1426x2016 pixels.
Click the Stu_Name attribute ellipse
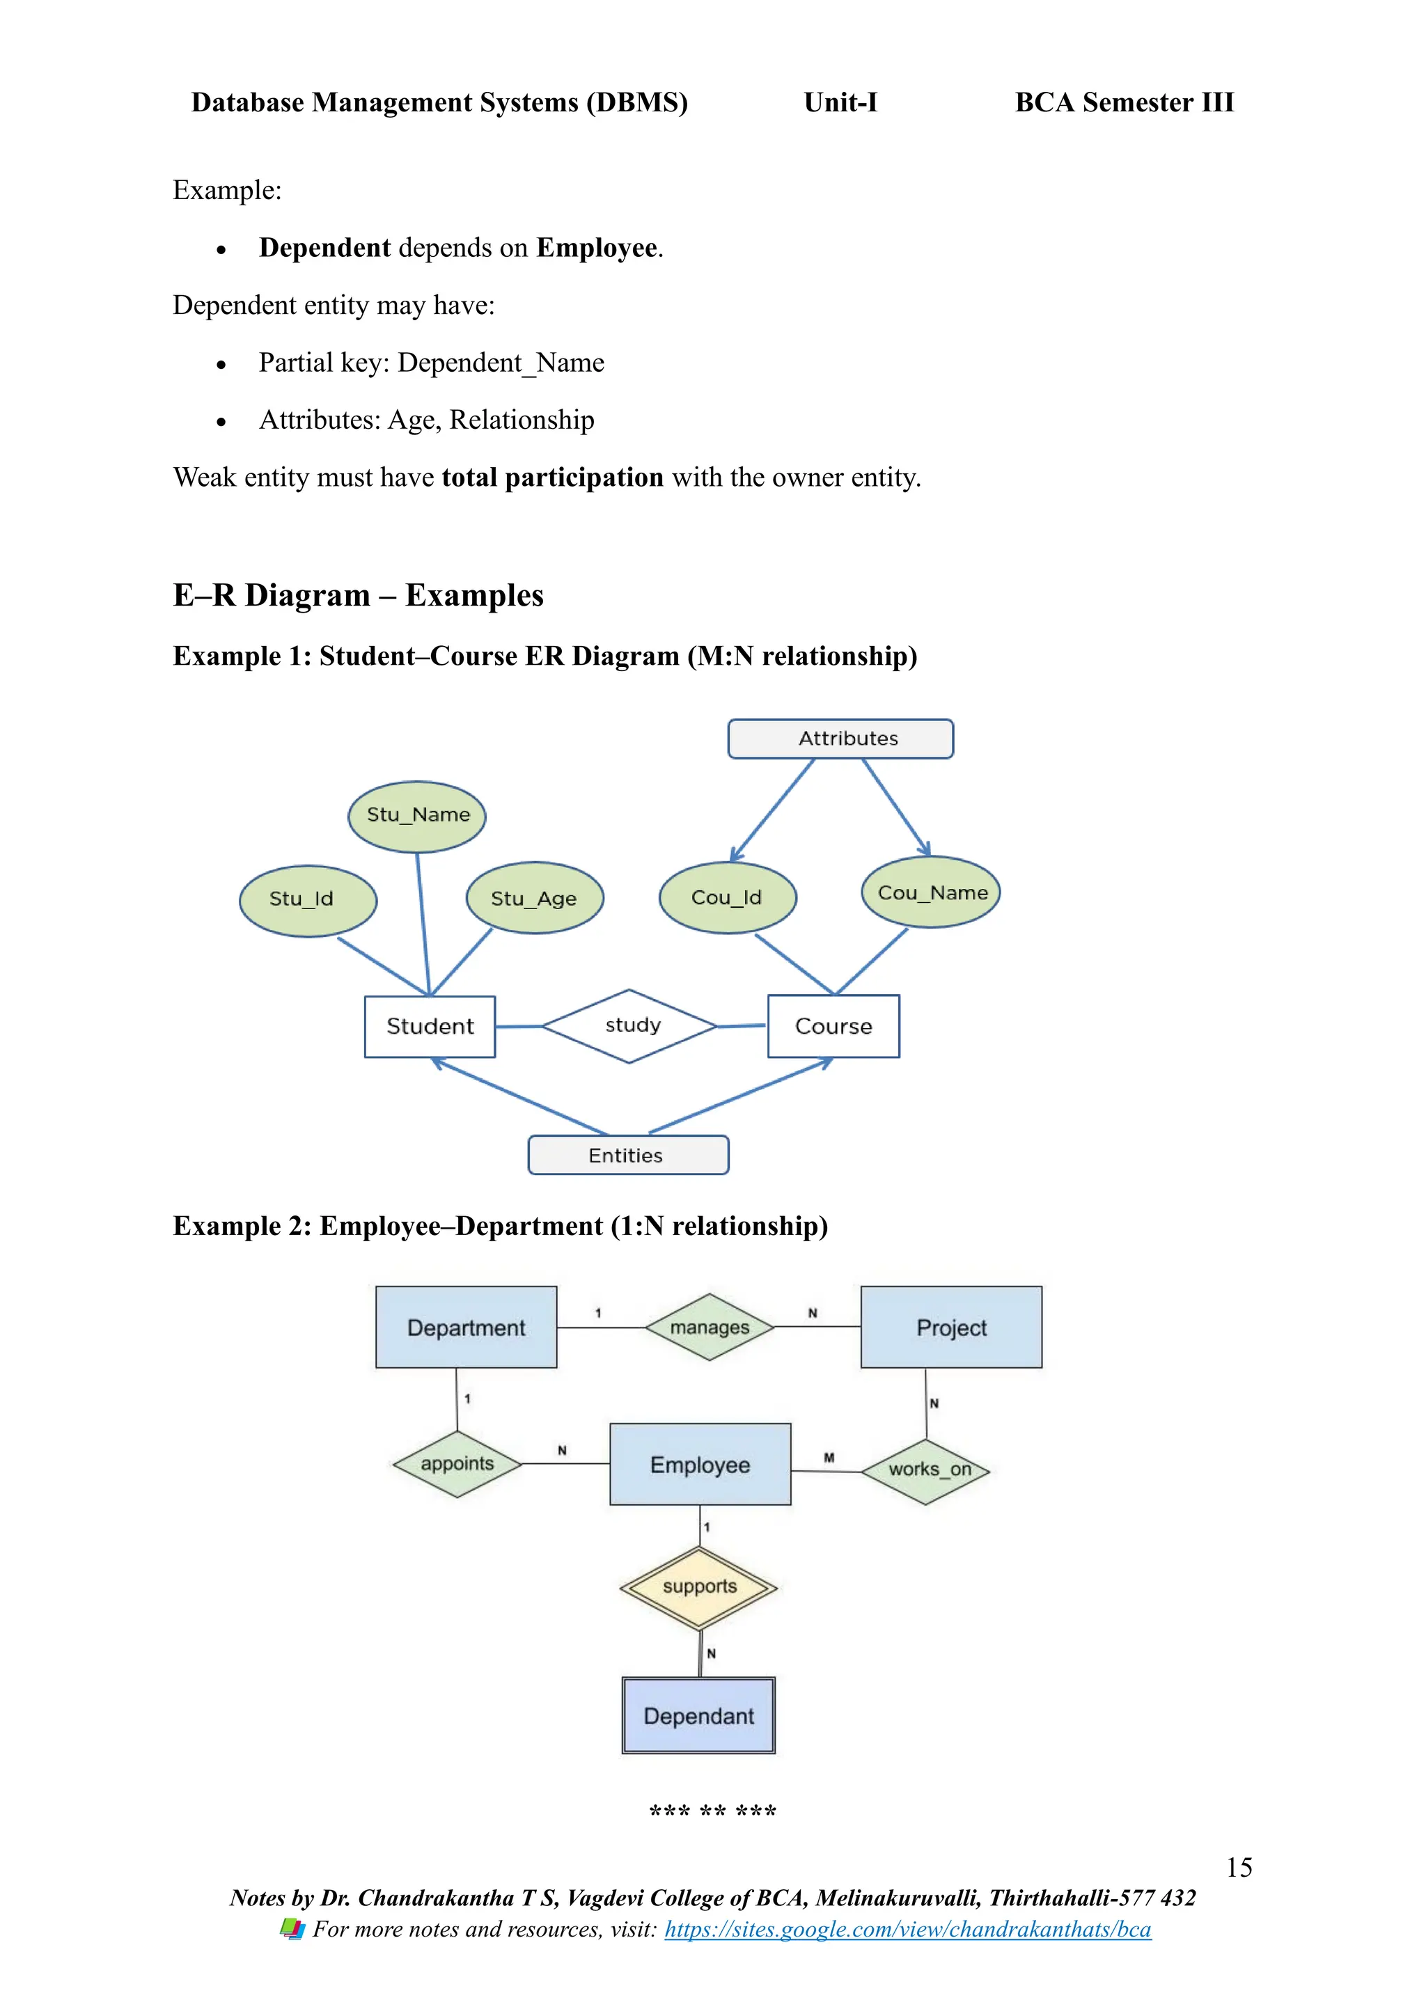417,816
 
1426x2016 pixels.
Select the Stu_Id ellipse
308,900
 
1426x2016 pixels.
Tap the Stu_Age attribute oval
535,897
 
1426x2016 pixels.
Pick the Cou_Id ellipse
727,897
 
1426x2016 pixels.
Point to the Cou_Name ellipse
931,892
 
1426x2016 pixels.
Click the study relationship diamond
630,1025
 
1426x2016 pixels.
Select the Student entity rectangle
430,1026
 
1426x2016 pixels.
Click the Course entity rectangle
833,1026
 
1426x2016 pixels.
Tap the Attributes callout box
840,739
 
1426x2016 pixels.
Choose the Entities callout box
628,1155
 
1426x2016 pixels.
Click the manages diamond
710,1327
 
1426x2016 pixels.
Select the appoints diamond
457,1464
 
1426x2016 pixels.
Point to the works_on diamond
926,1471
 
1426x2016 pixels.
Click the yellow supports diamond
699,1587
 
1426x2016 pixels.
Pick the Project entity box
951,1327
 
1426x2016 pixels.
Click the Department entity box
467,1327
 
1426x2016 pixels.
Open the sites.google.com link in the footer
907,1929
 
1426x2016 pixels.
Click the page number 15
1238,1867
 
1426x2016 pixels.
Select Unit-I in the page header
840,103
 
